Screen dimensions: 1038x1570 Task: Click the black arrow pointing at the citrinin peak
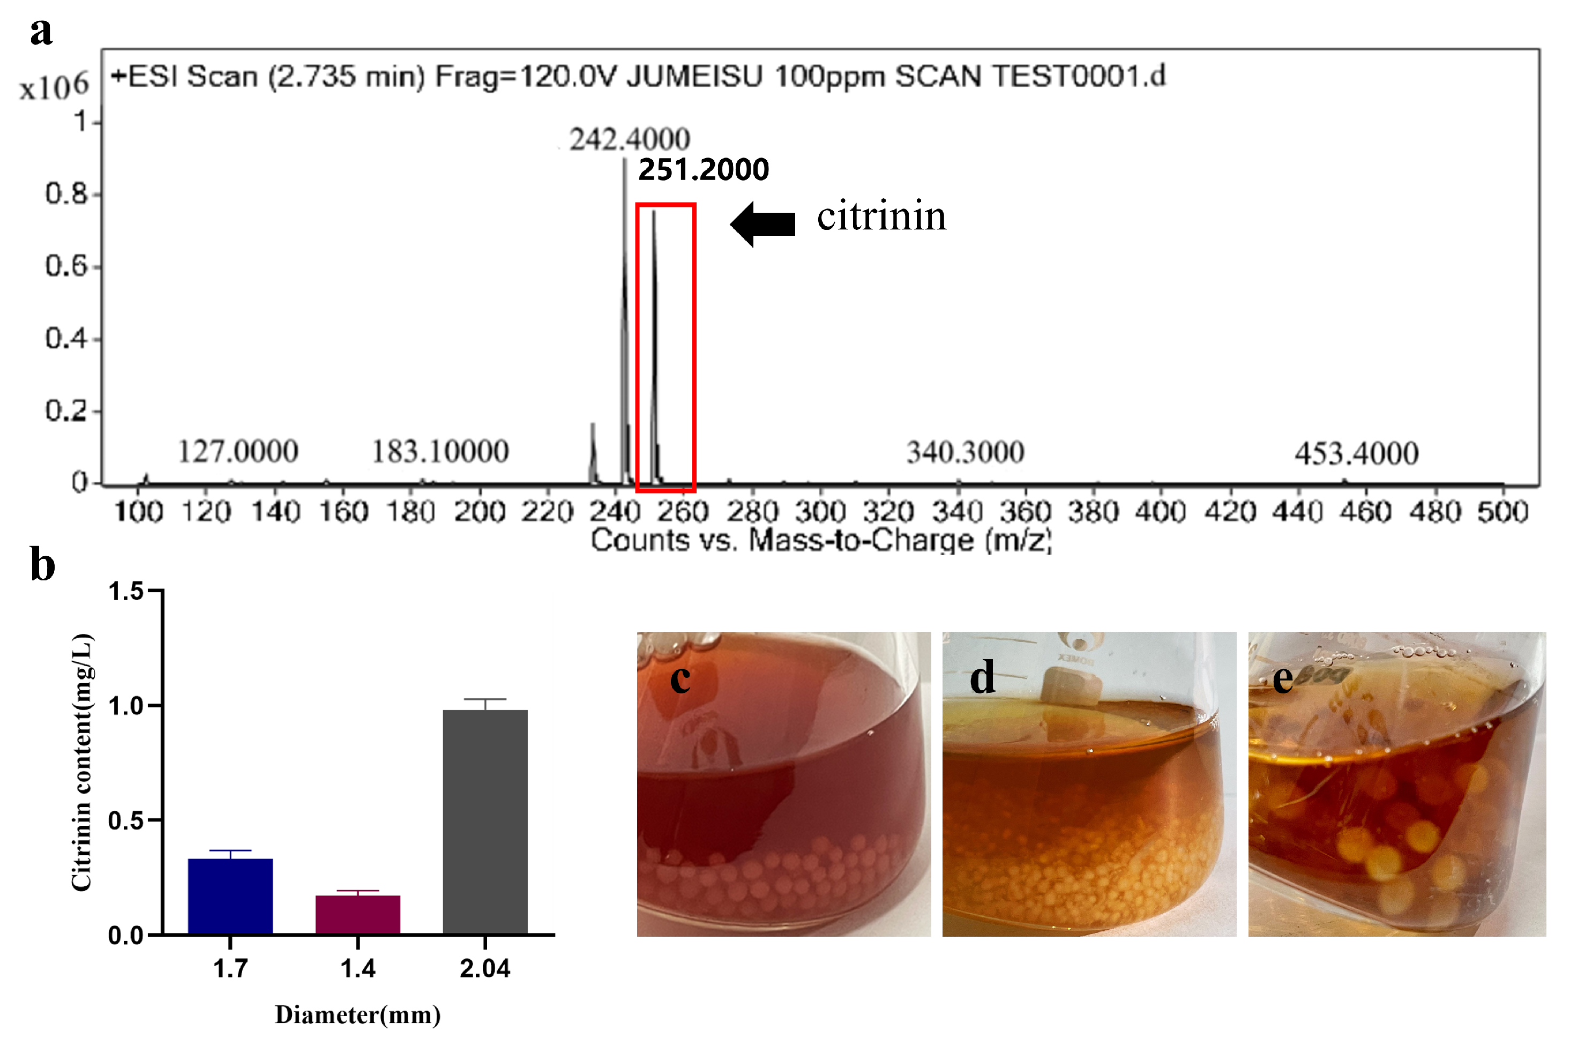click(762, 224)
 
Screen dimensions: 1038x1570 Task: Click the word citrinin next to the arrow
click(881, 216)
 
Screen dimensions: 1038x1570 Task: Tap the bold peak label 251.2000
click(703, 170)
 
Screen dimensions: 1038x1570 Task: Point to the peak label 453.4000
click(1356, 454)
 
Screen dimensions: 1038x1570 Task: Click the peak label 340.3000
click(965, 453)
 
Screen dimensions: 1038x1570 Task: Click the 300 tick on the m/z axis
click(820, 512)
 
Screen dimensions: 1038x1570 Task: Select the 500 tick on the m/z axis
click(1502, 512)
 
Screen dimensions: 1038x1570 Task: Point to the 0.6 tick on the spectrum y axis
click(66, 266)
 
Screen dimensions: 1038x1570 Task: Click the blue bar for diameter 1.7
click(230, 897)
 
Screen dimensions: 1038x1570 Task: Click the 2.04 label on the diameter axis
click(485, 969)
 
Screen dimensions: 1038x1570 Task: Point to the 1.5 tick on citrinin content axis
click(126, 591)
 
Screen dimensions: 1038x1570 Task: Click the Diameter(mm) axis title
click(357, 1015)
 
